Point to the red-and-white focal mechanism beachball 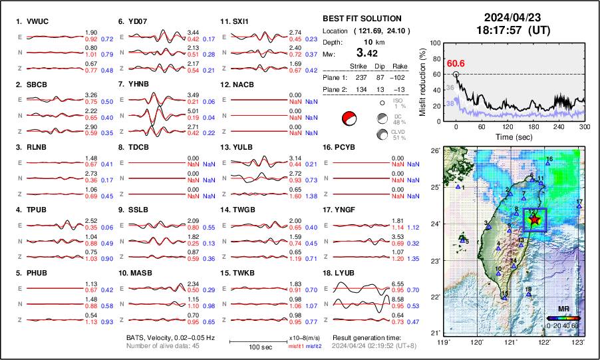click(x=349, y=120)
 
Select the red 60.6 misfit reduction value click(x=456, y=63)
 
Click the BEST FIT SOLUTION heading click(x=361, y=19)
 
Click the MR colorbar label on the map click(x=563, y=309)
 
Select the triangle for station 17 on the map click(x=579, y=207)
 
